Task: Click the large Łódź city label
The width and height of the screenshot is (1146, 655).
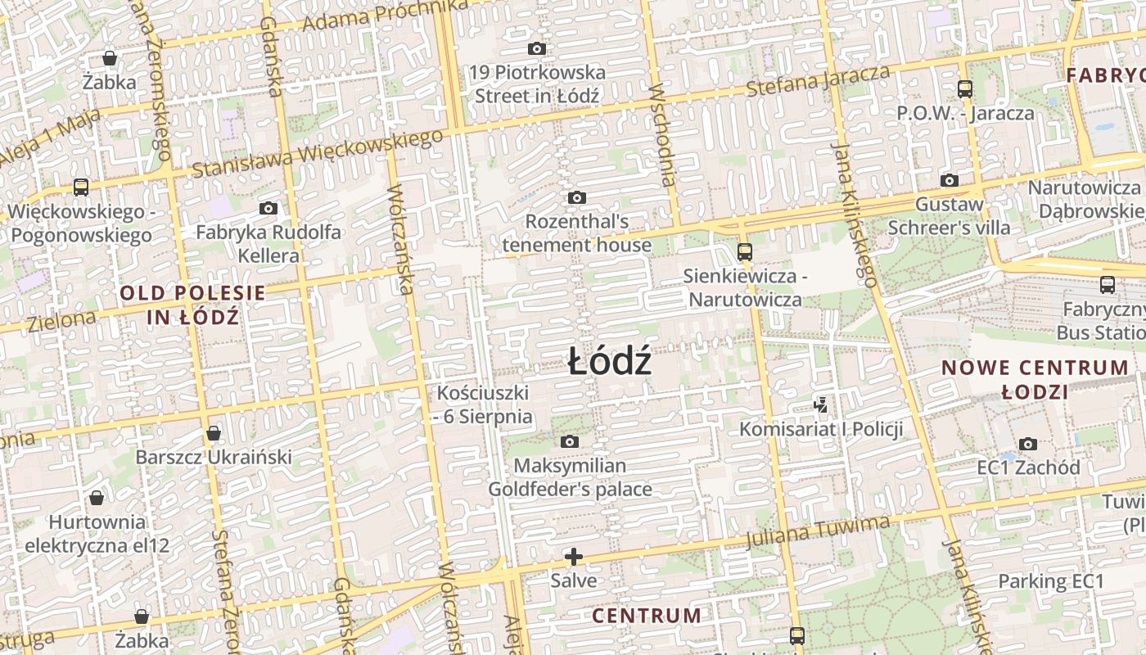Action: [x=610, y=361]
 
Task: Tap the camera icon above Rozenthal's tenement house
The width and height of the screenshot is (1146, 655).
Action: [x=577, y=197]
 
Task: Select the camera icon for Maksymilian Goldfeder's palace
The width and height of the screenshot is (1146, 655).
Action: [x=570, y=442]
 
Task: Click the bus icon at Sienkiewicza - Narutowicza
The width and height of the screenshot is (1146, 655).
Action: [x=745, y=251]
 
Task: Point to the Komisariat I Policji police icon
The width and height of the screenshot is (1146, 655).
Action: [x=821, y=404]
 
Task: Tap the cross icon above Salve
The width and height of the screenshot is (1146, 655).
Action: [x=574, y=558]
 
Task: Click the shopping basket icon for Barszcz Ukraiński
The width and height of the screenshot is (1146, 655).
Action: [x=214, y=432]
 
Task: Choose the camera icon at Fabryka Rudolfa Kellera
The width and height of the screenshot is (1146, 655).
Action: [x=268, y=208]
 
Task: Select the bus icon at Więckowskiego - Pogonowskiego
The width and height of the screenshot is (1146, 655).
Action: [x=81, y=187]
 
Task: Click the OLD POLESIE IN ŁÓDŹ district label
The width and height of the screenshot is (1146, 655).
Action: [x=193, y=305]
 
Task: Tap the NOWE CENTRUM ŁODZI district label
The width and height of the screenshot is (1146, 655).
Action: [x=1035, y=379]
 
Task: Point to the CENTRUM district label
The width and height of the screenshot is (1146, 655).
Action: [x=647, y=616]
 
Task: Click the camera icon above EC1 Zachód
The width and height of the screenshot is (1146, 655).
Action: [x=1029, y=444]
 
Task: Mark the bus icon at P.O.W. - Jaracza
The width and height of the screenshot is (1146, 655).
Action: [x=965, y=89]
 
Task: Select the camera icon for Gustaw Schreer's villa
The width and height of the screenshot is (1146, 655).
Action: [x=950, y=180]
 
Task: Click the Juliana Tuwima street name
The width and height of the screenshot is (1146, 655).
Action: [x=818, y=531]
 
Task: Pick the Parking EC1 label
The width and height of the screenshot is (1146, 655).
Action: [x=1051, y=582]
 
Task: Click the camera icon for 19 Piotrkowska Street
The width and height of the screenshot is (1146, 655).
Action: [x=537, y=49]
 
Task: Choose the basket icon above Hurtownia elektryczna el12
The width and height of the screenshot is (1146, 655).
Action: [x=97, y=498]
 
